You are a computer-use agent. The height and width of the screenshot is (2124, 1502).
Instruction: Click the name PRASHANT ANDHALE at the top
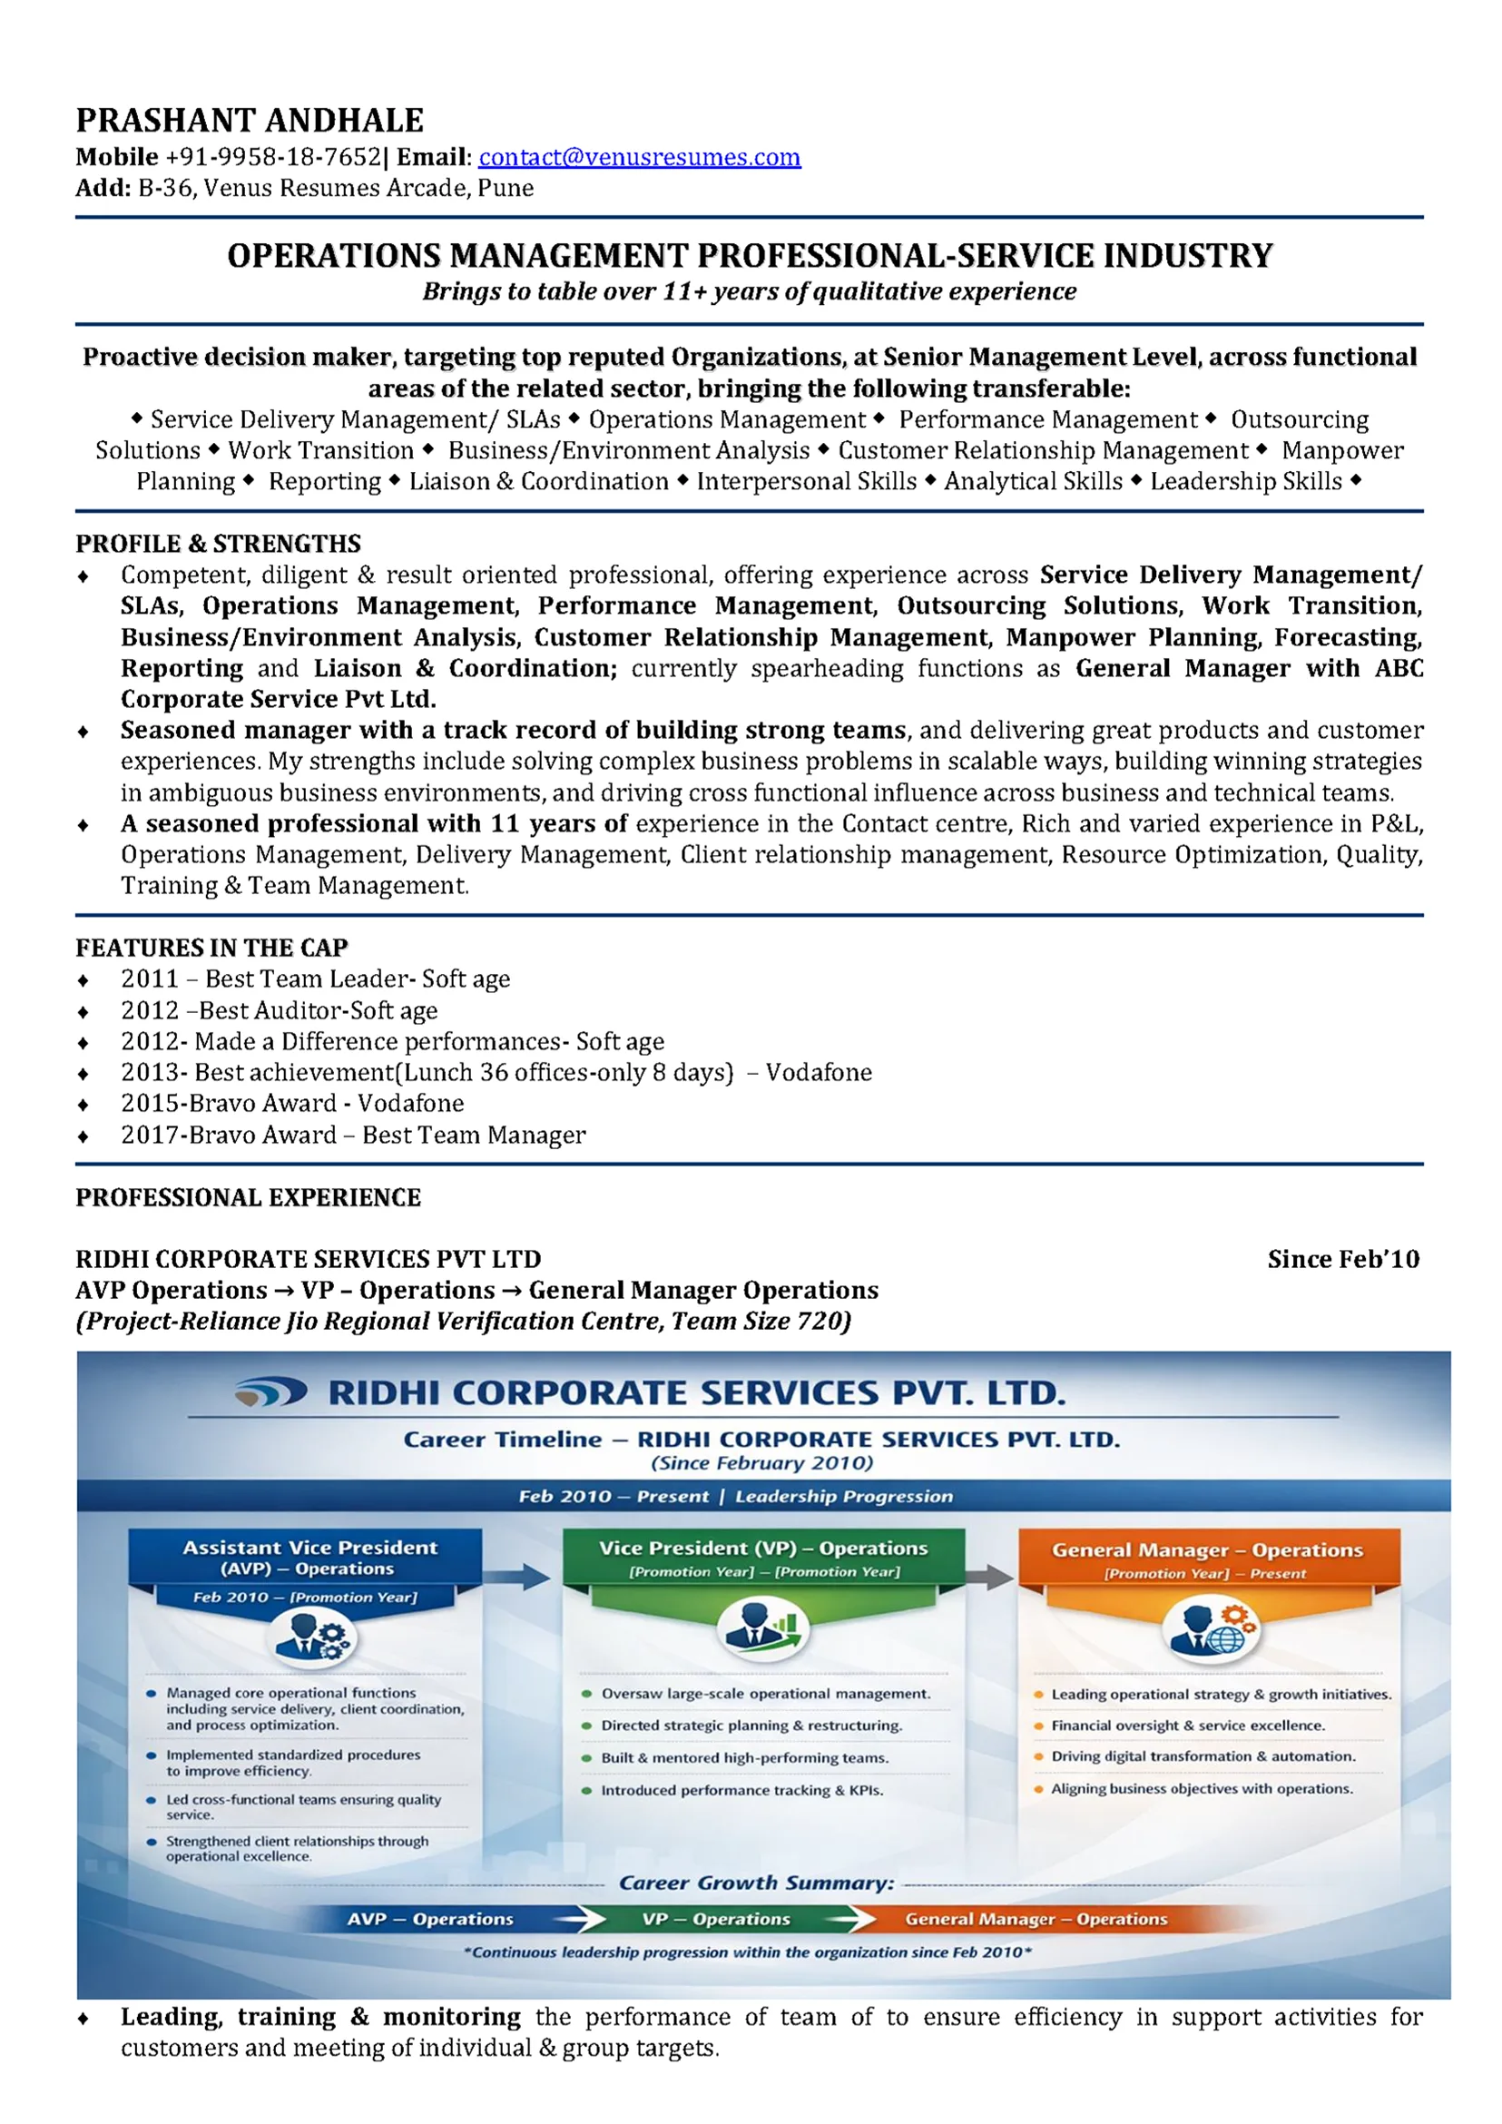point(250,120)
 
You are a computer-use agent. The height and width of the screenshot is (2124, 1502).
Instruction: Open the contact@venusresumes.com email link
point(639,157)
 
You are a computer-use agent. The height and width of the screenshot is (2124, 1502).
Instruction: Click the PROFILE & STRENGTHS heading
point(219,543)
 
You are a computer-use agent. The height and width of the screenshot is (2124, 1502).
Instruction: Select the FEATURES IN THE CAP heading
point(211,948)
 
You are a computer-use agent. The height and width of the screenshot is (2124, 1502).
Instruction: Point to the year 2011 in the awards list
point(149,978)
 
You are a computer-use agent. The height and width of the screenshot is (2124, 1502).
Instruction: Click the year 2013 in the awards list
point(149,1072)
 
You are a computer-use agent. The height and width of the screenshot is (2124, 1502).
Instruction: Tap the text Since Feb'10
point(1343,1259)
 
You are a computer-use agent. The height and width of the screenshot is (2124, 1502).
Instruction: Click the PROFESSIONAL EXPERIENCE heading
point(248,1197)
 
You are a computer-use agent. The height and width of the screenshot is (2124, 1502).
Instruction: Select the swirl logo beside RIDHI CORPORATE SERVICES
point(270,1392)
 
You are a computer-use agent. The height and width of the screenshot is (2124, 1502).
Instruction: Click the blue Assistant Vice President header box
point(305,1557)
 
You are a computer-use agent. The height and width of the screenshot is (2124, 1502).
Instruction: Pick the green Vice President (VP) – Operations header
point(763,1557)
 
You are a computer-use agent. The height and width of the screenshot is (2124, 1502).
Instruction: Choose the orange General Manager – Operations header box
point(1208,1559)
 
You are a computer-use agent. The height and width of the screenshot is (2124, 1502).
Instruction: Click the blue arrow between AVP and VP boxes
point(521,1577)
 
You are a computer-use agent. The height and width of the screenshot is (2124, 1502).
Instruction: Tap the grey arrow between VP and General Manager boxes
point(990,1577)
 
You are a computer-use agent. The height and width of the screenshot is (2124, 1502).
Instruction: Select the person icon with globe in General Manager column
point(1208,1630)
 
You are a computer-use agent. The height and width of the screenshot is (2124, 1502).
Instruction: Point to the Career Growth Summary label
point(757,1883)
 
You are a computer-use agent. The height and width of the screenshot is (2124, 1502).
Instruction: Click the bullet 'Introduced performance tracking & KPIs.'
point(741,1790)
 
